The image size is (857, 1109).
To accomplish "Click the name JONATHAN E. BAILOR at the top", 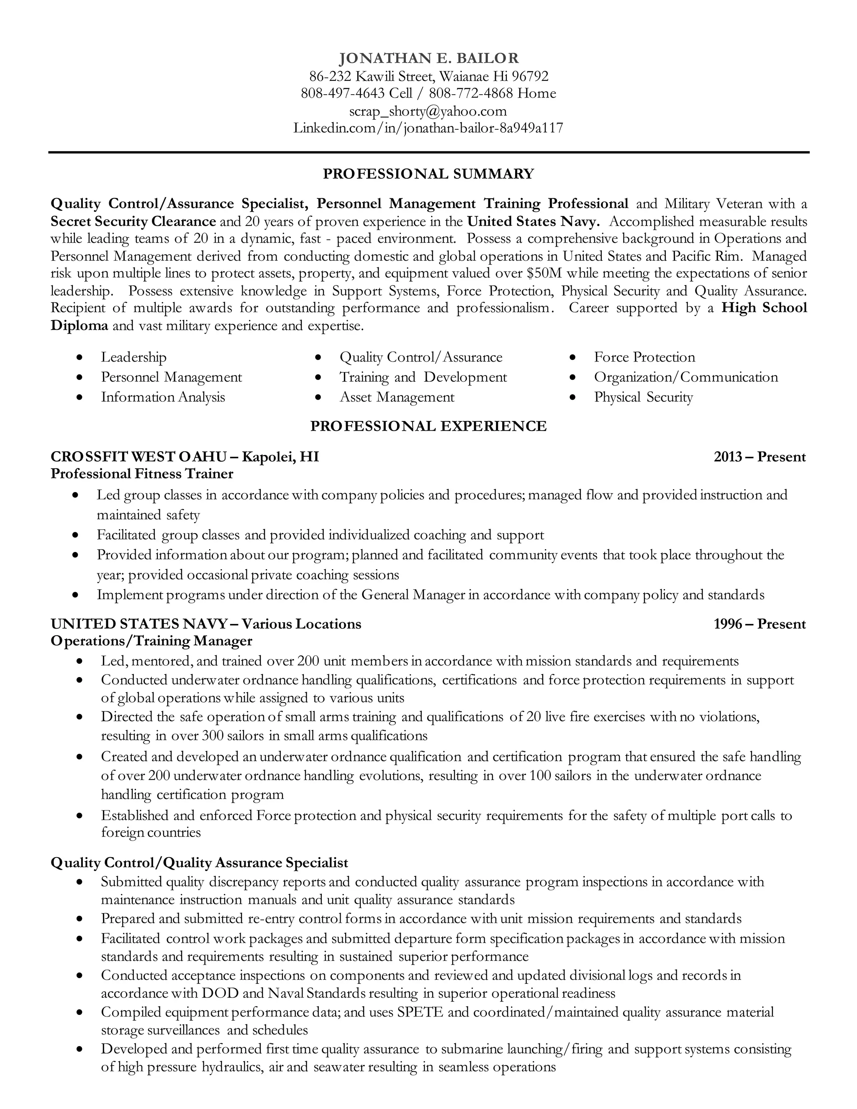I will pos(428,59).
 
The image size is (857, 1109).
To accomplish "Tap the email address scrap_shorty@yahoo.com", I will pos(428,111).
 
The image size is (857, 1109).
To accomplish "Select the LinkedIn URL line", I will pos(428,128).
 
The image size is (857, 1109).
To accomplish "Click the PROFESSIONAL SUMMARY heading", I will pos(428,174).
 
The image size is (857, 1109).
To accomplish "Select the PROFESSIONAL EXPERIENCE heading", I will pos(428,426).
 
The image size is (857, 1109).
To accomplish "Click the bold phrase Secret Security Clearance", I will pos(133,221).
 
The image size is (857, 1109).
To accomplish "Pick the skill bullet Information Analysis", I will pos(162,397).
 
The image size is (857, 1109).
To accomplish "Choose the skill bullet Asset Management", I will pos(397,397).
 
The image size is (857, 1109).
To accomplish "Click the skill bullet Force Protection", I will pos(644,357).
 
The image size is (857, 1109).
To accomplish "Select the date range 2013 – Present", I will pos(759,457).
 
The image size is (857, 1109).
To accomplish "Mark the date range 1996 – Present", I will pos(759,624).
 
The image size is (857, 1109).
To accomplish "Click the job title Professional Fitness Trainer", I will pos(142,474).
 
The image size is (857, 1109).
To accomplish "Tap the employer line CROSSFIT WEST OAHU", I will pos(138,457).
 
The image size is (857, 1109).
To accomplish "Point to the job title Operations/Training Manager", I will pos(151,641).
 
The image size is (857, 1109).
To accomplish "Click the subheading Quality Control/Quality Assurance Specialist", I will pos(200,863).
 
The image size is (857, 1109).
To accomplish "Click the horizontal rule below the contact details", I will pos(428,152).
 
